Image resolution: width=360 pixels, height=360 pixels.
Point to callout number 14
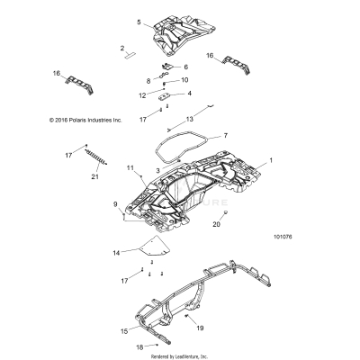115,255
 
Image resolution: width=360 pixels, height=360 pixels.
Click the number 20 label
216,224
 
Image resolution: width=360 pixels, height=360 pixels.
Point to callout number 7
225,136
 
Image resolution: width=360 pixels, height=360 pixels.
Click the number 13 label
190,119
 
